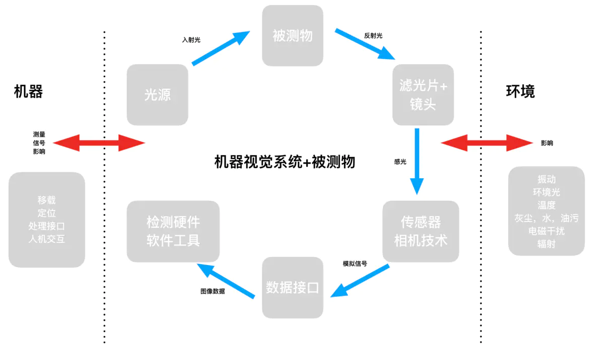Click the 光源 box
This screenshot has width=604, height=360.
coord(157,94)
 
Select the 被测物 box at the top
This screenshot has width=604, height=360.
coord(293,35)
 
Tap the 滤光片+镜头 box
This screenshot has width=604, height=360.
coord(423,95)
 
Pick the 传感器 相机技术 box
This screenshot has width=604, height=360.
coord(421,231)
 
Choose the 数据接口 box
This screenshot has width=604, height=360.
coord(293,288)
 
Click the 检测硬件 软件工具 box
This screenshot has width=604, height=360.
coord(173,231)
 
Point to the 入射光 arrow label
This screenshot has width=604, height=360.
coord(191,39)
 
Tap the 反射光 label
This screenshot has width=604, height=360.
coord(373,35)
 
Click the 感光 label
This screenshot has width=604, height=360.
coord(400,162)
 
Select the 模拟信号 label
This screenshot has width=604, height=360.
coord(355,264)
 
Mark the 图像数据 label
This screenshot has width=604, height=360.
coord(212,291)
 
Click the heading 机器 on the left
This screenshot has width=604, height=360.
coord(28,91)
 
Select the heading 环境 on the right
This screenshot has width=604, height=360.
coord(520,91)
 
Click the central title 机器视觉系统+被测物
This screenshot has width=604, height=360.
coord(285,162)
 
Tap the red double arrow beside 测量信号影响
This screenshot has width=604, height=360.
coord(99,143)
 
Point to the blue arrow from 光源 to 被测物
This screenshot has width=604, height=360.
coord(221,48)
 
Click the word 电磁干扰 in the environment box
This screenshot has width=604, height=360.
coord(546,232)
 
